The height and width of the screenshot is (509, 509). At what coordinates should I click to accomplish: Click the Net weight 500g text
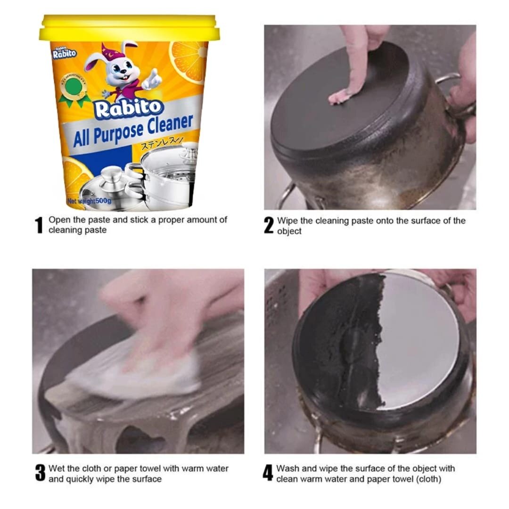click(89, 201)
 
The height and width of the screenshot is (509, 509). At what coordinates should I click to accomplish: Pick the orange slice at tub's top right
click(189, 59)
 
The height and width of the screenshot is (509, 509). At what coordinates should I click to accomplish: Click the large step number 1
click(40, 225)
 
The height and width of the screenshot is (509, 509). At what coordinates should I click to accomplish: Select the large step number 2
click(269, 225)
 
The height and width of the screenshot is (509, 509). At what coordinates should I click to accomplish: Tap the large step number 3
click(40, 473)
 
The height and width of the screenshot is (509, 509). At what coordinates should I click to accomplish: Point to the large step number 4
click(268, 473)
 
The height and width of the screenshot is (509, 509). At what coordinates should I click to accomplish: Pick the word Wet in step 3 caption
click(56, 468)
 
